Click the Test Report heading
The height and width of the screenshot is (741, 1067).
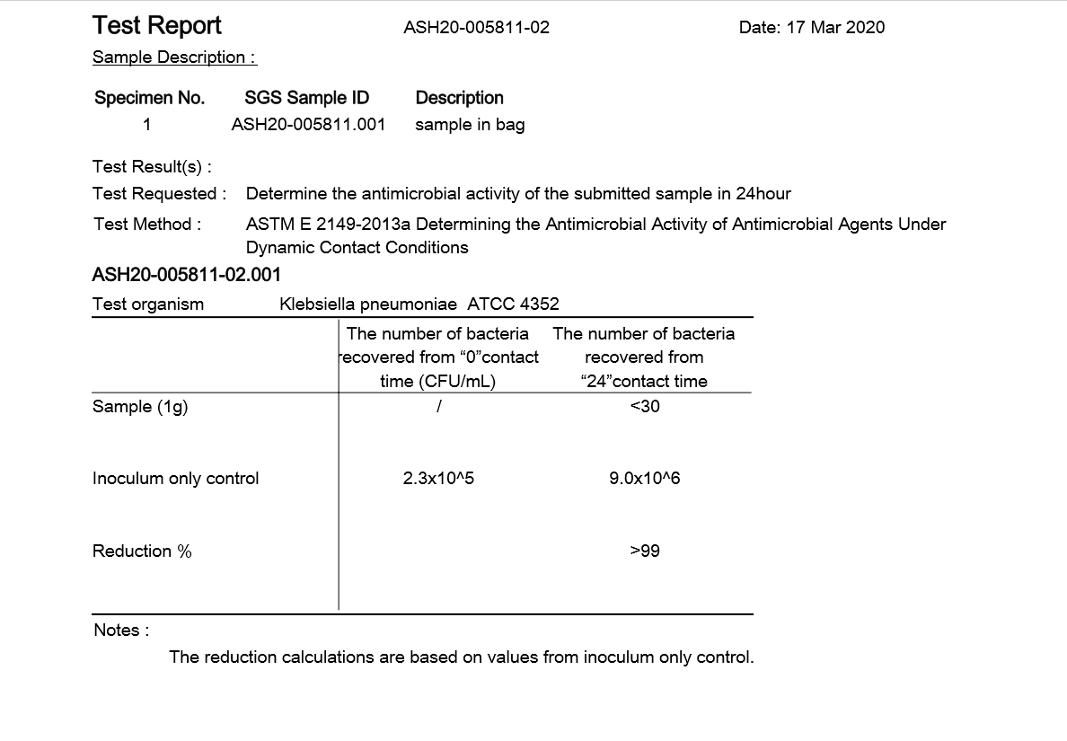(157, 26)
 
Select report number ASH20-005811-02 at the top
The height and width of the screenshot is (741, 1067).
(476, 28)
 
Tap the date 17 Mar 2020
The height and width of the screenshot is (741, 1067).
(811, 28)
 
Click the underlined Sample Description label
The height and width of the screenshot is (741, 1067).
(174, 57)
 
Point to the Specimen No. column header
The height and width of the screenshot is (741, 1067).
(150, 98)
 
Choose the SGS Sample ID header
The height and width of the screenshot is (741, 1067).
(306, 98)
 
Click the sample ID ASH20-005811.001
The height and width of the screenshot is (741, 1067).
(308, 125)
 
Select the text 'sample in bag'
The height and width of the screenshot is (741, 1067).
(470, 125)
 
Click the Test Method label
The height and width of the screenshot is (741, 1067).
(147, 225)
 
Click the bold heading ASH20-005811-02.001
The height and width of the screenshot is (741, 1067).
(186, 275)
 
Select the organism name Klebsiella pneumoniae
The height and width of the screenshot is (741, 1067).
(368, 304)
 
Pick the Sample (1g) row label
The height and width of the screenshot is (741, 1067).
(140, 407)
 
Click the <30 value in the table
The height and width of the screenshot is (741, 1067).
(645, 407)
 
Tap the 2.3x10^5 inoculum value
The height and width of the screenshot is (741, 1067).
(438, 479)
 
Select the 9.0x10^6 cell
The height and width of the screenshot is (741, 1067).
(645, 479)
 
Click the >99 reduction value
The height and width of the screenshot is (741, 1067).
(645, 551)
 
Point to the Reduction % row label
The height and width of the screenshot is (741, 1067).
(142, 551)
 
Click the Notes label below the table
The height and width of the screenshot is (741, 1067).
(121, 631)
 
